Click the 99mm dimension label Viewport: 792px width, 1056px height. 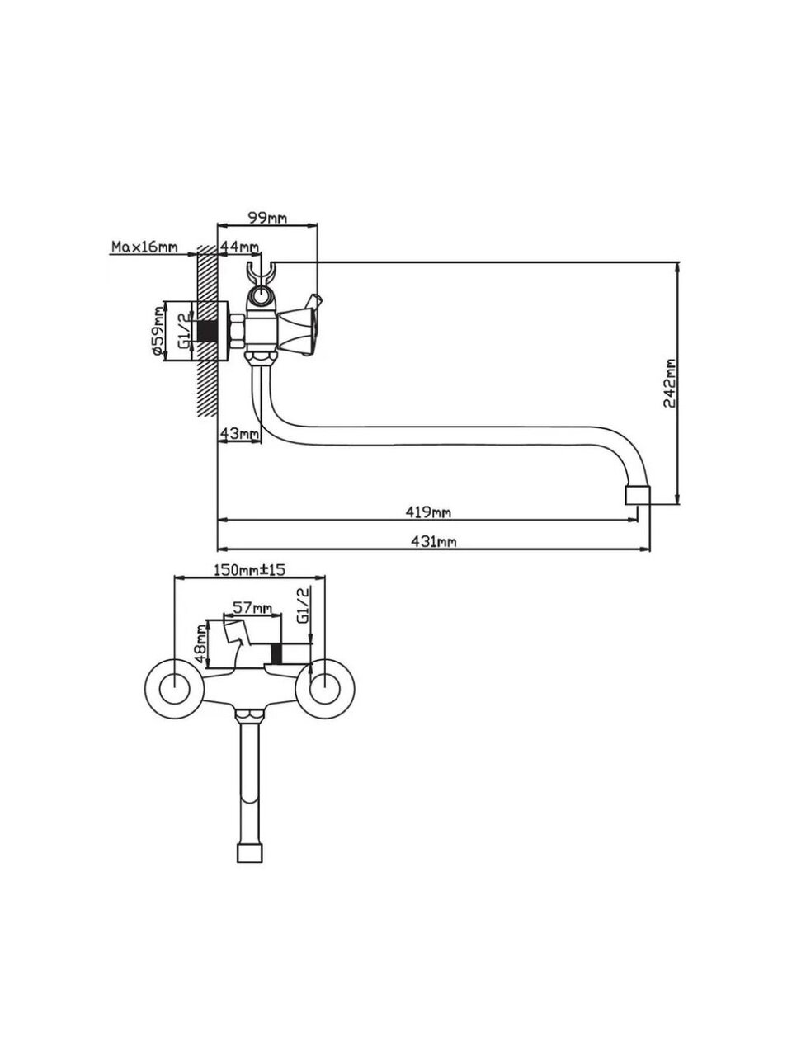click(267, 218)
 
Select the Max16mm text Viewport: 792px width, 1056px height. click(144, 247)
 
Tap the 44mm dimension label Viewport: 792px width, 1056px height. click(239, 247)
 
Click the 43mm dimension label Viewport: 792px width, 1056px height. click(239, 433)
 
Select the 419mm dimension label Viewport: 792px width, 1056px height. click(428, 512)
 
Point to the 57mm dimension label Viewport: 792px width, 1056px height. click(252, 608)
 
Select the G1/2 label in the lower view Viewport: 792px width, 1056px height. click(302, 606)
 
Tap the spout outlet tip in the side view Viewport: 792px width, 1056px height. click(636, 494)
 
